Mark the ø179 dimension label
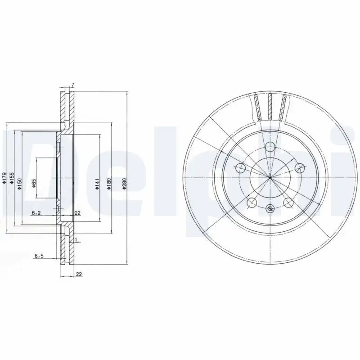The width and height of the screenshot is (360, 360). point(4,180)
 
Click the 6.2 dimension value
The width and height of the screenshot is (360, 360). point(36,212)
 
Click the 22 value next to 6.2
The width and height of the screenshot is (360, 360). point(77,212)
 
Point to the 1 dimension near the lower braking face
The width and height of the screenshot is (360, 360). point(77,239)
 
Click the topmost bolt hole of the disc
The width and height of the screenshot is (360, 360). point(270,147)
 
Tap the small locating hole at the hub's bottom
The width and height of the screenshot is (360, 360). point(270,208)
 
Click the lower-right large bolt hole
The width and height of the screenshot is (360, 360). point(288,202)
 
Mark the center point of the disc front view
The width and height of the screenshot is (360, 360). point(270,178)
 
